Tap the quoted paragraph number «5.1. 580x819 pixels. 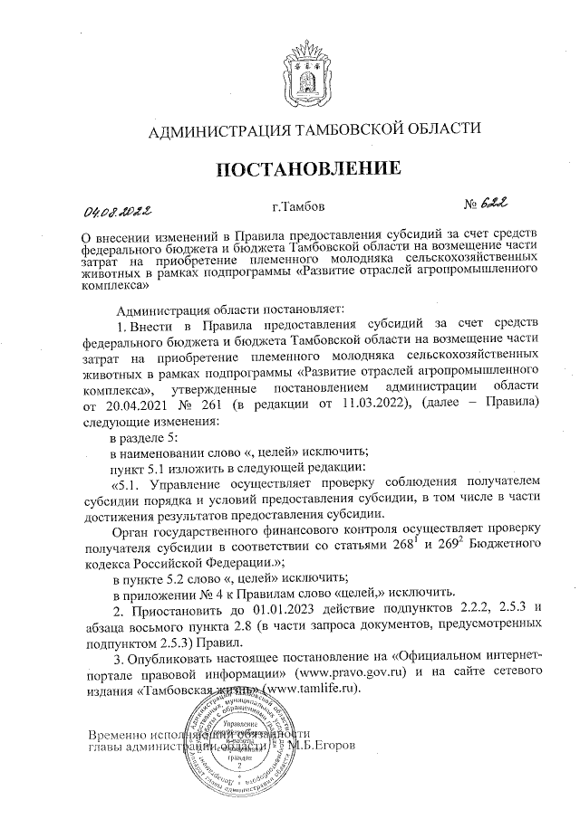point(127,483)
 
